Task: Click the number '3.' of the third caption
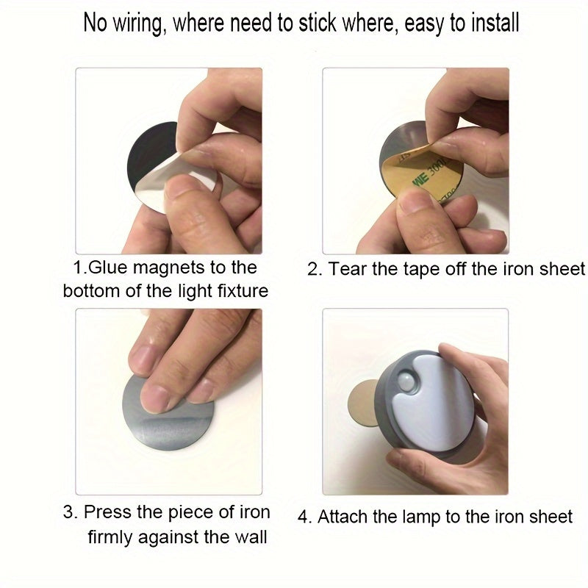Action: point(71,512)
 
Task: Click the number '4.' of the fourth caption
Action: point(305,517)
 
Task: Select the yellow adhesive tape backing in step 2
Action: point(416,173)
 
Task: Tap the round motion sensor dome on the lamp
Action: point(406,380)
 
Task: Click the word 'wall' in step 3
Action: point(251,537)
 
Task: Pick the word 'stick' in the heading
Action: point(318,23)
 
